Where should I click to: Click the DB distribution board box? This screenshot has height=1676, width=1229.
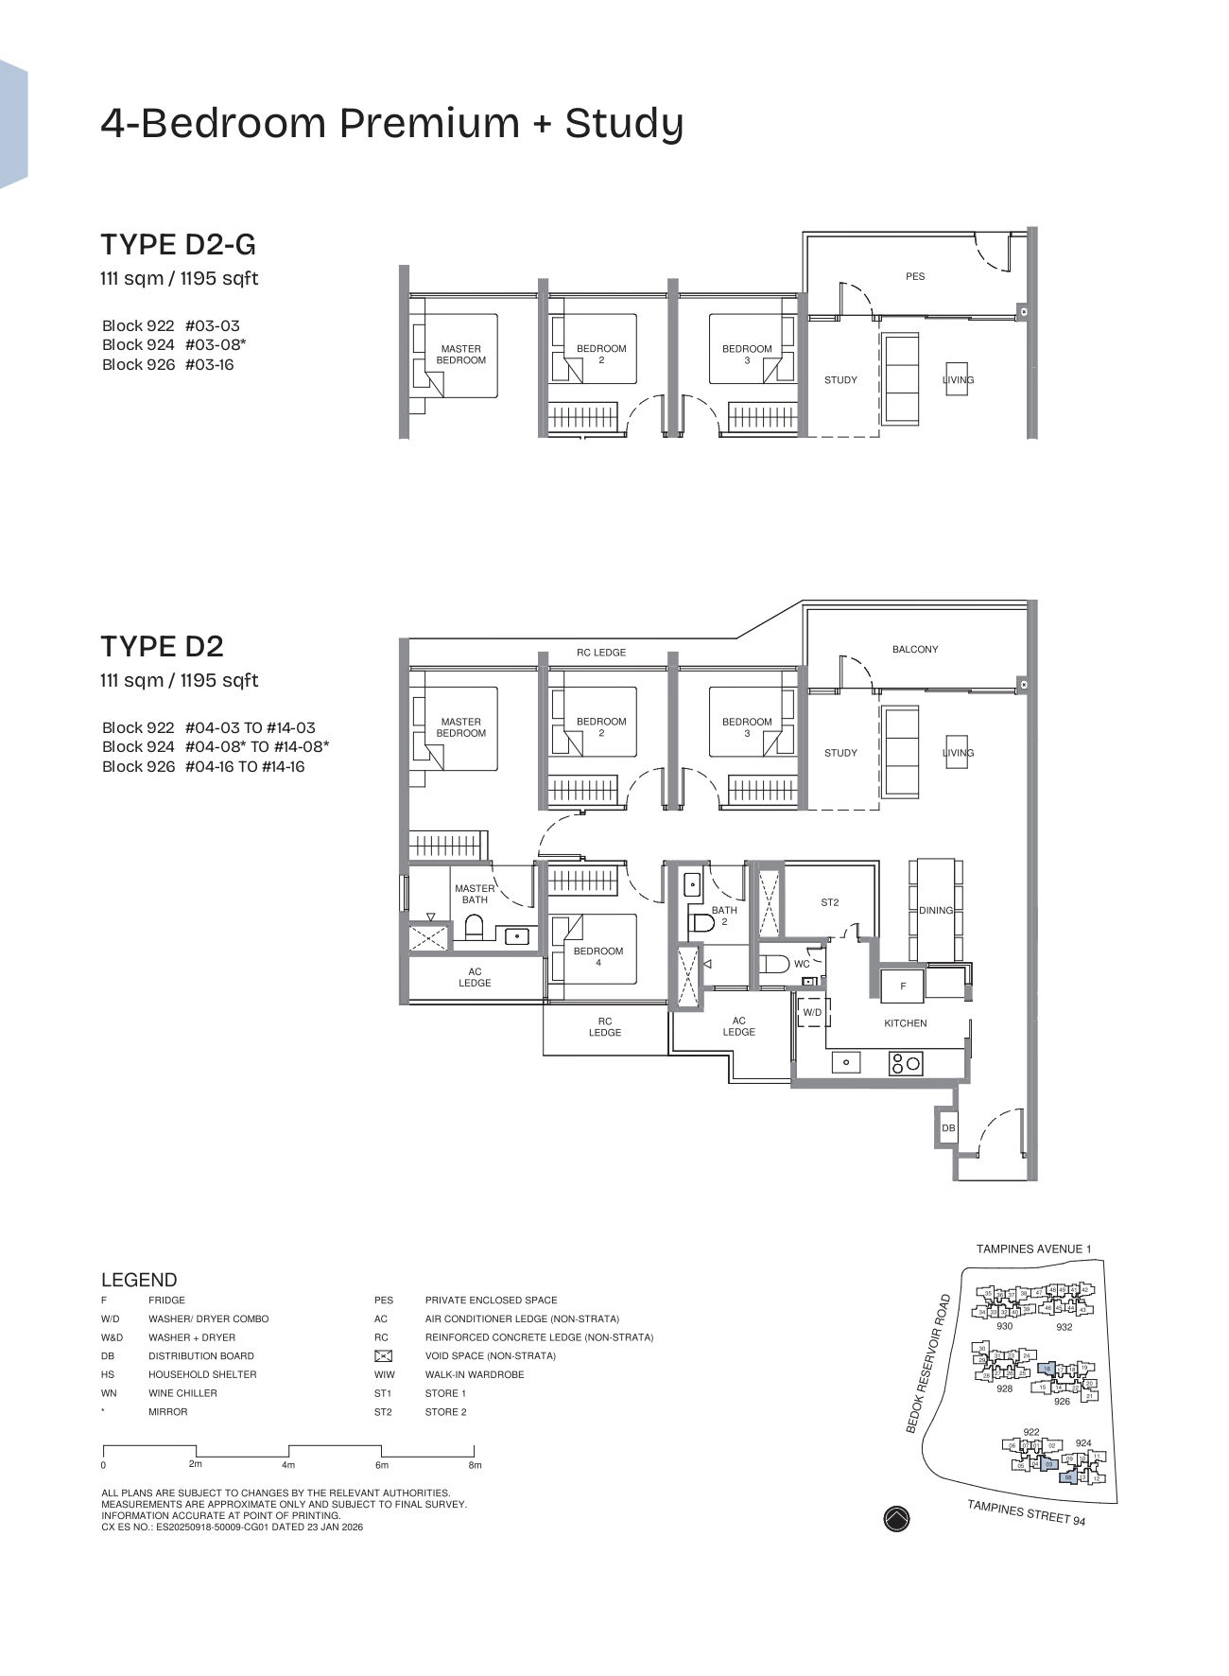(x=947, y=1127)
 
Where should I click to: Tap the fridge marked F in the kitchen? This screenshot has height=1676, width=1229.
(x=903, y=986)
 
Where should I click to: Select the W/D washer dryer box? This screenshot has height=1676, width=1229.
(x=812, y=1012)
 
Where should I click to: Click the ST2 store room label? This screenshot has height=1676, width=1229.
(x=829, y=902)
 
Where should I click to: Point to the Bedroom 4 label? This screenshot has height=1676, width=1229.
(x=598, y=956)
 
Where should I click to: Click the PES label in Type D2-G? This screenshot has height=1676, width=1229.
(x=915, y=276)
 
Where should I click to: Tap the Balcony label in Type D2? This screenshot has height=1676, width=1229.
(x=915, y=649)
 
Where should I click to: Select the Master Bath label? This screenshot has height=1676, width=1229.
(x=475, y=894)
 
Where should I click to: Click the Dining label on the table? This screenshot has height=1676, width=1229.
(x=936, y=910)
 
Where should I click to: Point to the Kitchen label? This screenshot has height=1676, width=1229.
(x=906, y=1023)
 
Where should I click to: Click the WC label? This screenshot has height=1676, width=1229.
(x=802, y=964)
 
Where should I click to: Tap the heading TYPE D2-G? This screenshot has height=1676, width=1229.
(x=179, y=245)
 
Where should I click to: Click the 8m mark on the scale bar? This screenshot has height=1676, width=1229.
(x=475, y=1465)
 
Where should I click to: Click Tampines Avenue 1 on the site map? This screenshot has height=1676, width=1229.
(x=1033, y=1249)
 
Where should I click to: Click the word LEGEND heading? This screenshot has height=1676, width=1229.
(x=139, y=1280)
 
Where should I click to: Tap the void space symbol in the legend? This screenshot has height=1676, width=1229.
(x=383, y=1355)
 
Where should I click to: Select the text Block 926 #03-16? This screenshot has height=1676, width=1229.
(x=168, y=365)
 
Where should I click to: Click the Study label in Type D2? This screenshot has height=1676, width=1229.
(x=840, y=753)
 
